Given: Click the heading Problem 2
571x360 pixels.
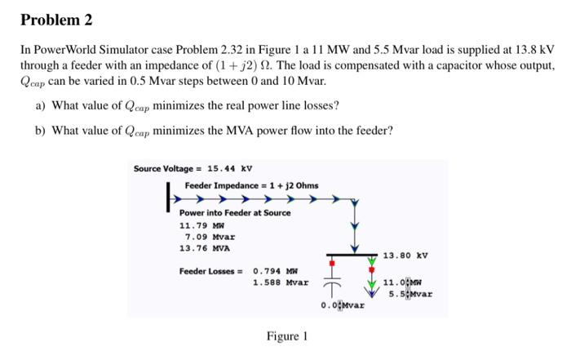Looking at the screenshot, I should tap(55, 19).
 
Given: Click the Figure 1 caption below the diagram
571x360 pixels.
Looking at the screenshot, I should tap(286, 336).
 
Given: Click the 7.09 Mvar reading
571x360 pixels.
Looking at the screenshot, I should tap(199, 237).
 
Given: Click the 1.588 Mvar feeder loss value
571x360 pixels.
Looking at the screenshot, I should tap(281, 282).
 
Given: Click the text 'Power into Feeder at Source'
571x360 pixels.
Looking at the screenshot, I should tap(234, 212).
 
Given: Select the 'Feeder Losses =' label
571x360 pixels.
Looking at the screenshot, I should tap(211, 271).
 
